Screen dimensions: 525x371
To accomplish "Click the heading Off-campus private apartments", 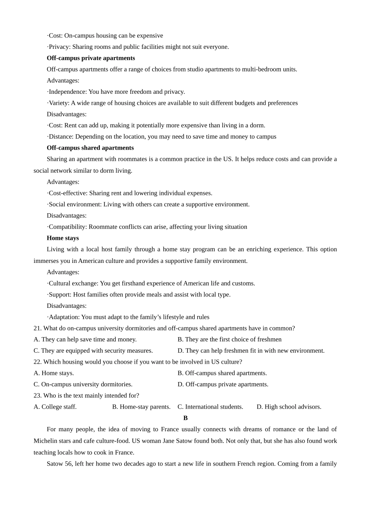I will point(91,58).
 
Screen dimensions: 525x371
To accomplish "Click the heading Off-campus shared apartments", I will point(90,148).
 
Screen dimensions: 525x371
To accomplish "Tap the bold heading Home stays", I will point(62,238).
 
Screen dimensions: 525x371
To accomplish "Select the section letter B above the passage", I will point(185,418).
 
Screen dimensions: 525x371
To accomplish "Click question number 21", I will point(37,328).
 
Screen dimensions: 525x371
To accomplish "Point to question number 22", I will point(37,362).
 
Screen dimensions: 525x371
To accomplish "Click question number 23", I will point(37,395).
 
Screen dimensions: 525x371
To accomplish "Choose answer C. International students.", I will point(210,407).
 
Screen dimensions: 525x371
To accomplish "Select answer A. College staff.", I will point(55,407).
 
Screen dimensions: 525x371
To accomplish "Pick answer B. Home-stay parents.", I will point(141,407).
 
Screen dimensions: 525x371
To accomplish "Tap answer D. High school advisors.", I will point(289,407).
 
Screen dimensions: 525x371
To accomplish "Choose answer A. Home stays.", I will point(54,373).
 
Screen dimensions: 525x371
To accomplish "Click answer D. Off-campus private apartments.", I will point(223,384).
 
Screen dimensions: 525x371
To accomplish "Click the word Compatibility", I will point(67,227).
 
